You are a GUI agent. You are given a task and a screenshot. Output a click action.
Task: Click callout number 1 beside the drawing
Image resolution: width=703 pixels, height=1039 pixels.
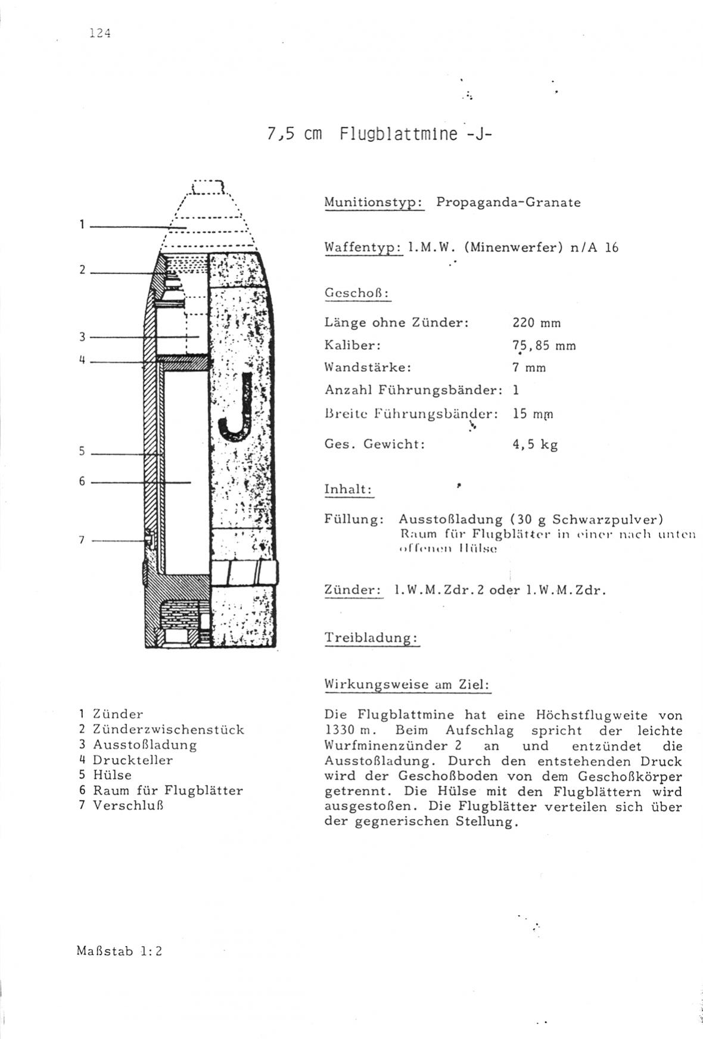[81, 225]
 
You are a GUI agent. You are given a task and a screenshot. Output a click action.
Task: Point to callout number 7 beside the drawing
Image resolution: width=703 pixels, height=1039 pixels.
[82, 540]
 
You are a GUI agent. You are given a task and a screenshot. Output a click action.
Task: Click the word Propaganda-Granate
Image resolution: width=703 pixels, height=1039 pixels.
[508, 202]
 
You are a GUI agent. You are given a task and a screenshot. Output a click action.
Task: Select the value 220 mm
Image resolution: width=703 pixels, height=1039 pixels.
[536, 323]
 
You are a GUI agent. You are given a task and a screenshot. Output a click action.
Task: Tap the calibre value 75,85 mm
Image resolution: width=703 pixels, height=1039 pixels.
[544, 346]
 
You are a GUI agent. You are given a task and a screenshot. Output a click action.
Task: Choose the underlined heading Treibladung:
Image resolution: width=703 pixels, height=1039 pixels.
[372, 637]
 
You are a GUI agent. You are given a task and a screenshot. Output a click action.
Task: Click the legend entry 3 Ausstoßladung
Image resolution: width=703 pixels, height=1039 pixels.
[138, 745]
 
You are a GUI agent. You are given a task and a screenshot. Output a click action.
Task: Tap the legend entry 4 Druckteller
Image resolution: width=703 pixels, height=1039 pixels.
[126, 760]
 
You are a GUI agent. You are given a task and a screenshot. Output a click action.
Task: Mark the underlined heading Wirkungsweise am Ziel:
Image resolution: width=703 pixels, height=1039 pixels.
[407, 685]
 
